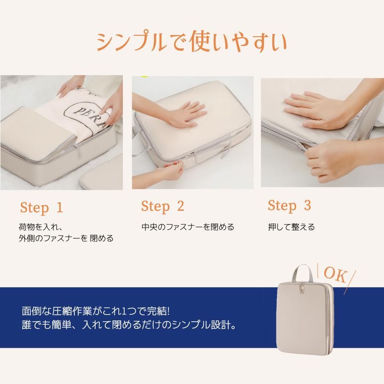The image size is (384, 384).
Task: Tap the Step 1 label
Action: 42,208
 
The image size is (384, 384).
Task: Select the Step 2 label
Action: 163,206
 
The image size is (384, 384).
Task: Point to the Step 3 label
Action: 289,206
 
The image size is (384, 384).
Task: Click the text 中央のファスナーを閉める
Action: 188,227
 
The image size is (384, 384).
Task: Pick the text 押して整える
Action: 291,227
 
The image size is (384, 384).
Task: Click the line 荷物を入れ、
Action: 41,227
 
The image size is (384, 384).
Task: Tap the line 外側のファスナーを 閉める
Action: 66,238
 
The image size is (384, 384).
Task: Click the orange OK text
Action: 335,274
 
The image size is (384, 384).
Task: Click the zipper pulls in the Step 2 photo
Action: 192,156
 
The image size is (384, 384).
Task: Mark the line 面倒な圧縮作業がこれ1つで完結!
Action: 96,311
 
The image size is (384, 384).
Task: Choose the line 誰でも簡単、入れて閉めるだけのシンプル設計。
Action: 129,325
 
